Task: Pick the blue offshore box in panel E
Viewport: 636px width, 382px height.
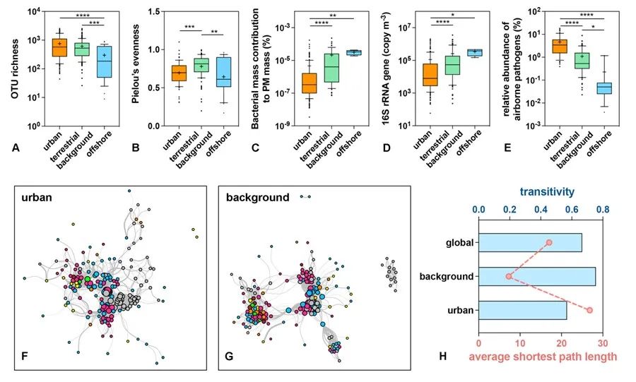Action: coord(604,88)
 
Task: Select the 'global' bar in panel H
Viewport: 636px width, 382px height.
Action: coord(530,243)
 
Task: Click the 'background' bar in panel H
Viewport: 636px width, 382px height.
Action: coord(537,276)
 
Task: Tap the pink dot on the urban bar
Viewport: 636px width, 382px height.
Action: coord(590,310)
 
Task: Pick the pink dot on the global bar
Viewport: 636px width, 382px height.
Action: coord(549,243)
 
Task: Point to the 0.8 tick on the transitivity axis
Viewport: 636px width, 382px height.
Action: coord(603,210)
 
